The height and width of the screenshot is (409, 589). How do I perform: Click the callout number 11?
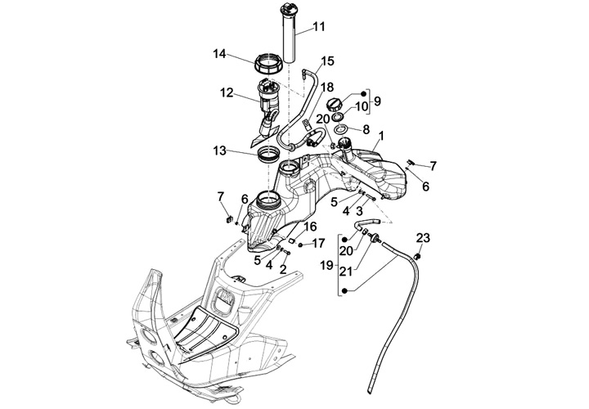(318, 27)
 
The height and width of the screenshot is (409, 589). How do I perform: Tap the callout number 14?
(218, 55)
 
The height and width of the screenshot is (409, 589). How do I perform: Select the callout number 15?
(327, 61)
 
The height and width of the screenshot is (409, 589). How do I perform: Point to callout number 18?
(327, 86)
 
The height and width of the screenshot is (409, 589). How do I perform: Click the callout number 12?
(227, 94)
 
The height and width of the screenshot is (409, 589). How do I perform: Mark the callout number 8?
(366, 129)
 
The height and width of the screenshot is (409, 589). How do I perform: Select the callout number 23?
(423, 238)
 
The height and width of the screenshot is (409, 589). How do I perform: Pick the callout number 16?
(310, 226)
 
